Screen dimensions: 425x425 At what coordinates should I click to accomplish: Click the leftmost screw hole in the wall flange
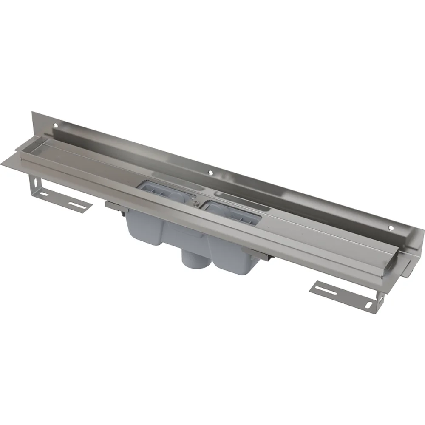pos(56,125)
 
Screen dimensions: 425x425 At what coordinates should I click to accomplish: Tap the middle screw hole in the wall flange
pos(210,173)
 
